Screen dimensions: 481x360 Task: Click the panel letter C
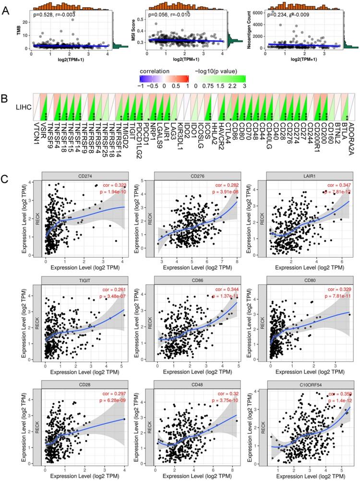6,166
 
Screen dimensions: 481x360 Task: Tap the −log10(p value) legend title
217,71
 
